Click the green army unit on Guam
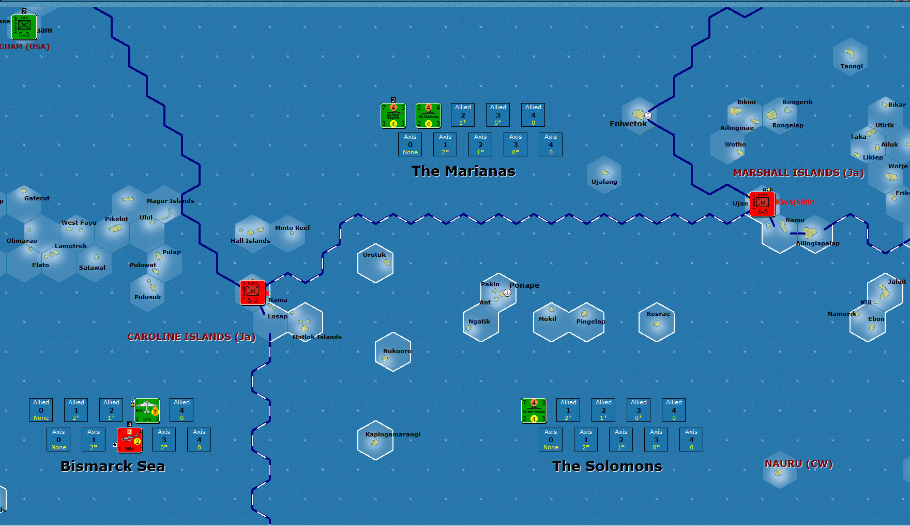(24, 27)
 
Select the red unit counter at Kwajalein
(762, 204)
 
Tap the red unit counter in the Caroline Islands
(252, 293)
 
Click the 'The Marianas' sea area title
(463, 171)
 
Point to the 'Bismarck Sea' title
(113, 466)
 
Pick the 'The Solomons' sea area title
(607, 466)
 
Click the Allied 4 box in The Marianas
(533, 114)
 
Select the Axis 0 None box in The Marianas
(410, 144)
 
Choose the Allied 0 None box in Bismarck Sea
(41, 410)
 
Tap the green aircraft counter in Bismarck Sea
(147, 411)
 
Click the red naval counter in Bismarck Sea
(129, 440)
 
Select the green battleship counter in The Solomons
(534, 411)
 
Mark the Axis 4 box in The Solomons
(691, 440)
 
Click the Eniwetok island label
(628, 124)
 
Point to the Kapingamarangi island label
(392, 434)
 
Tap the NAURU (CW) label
(798, 464)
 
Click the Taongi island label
(851, 66)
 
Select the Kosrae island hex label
(658, 314)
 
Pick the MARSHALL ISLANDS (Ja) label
(798, 173)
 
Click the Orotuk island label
(374, 255)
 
